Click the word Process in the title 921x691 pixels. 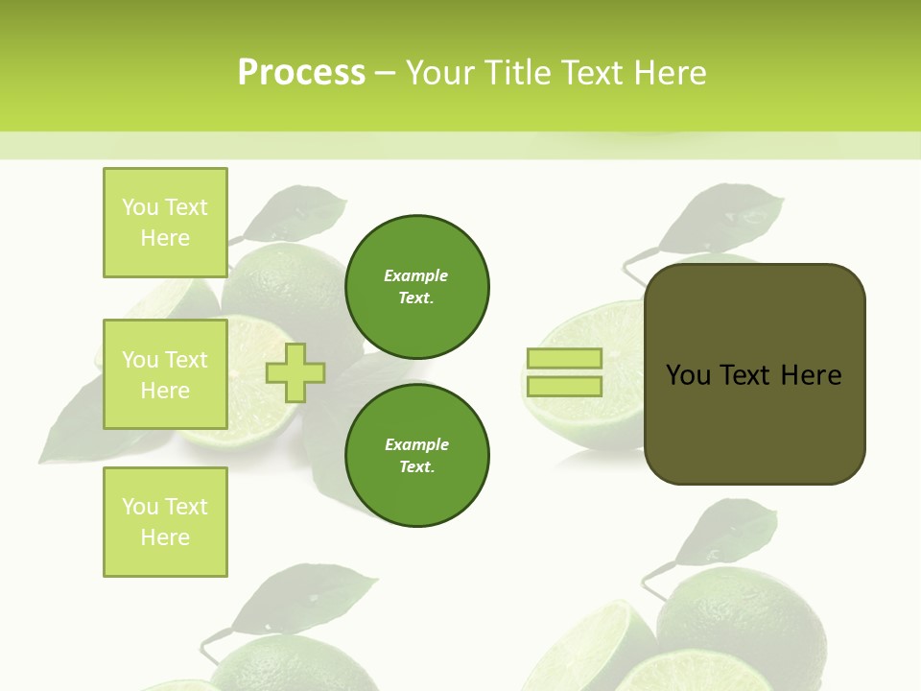click(x=301, y=73)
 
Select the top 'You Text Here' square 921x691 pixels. click(x=165, y=223)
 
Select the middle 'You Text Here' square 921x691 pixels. click(x=165, y=374)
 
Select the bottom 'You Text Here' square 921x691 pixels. click(x=165, y=522)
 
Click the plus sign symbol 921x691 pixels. click(x=295, y=373)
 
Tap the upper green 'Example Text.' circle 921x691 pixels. click(x=417, y=287)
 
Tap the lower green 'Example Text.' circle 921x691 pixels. click(x=417, y=456)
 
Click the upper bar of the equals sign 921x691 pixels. click(x=565, y=359)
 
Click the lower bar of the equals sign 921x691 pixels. click(x=565, y=387)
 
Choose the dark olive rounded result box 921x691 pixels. click(x=755, y=422)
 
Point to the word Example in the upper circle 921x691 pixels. click(x=416, y=276)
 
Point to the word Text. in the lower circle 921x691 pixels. click(x=416, y=467)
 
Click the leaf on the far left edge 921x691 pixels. click(x=72, y=422)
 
